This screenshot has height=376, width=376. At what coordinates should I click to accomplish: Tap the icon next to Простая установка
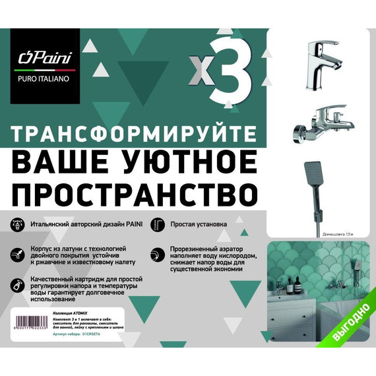click(157, 225)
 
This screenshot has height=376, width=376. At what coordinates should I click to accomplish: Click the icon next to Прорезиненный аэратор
click(157, 253)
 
